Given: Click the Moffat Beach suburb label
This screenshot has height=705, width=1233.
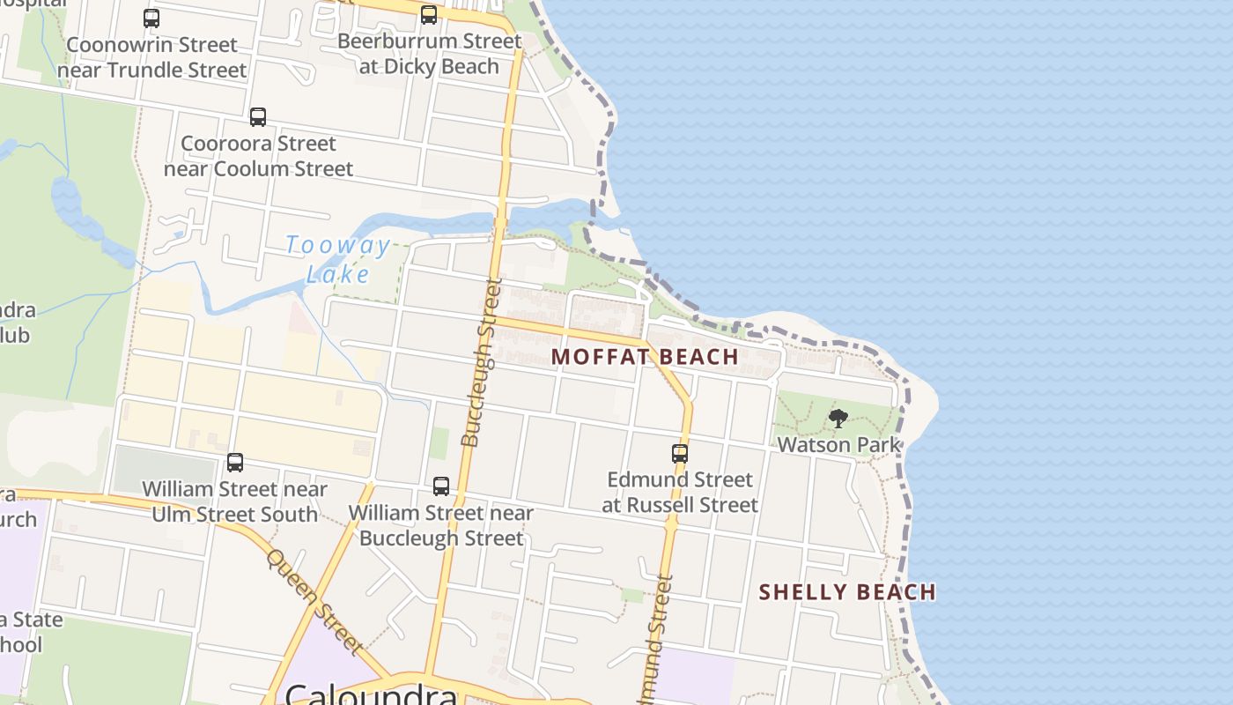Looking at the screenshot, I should [645, 357].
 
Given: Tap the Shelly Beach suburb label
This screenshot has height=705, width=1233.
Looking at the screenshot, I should [847, 591].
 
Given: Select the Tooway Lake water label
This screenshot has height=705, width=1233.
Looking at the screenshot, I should [337, 258].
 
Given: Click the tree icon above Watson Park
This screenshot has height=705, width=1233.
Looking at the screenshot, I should [838, 419].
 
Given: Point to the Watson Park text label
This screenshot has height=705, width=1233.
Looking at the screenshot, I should [838, 444].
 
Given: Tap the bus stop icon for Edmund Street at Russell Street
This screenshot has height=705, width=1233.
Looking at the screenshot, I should [680, 454].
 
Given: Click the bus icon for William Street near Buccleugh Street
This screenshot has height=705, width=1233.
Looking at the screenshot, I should [441, 486].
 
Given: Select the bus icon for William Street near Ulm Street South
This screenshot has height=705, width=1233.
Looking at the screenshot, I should [235, 463].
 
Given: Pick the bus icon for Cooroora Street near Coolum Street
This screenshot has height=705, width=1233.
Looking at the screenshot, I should [258, 117].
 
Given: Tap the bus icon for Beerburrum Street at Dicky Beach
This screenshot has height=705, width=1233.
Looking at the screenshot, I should [429, 15].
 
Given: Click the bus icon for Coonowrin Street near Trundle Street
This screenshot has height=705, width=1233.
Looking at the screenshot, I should [151, 19].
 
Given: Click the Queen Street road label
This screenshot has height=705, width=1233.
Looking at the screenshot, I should [314, 601].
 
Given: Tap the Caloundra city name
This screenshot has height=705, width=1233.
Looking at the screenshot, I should [371, 694].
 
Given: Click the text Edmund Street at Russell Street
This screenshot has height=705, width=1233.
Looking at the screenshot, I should [680, 493].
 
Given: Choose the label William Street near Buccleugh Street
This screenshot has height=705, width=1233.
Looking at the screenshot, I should [441, 525].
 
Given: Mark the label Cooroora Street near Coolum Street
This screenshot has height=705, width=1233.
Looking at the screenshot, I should [258, 156].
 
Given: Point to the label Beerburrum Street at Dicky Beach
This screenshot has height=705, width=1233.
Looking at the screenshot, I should [429, 54].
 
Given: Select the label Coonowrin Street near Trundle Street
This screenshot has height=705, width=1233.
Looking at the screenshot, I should [151, 57].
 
